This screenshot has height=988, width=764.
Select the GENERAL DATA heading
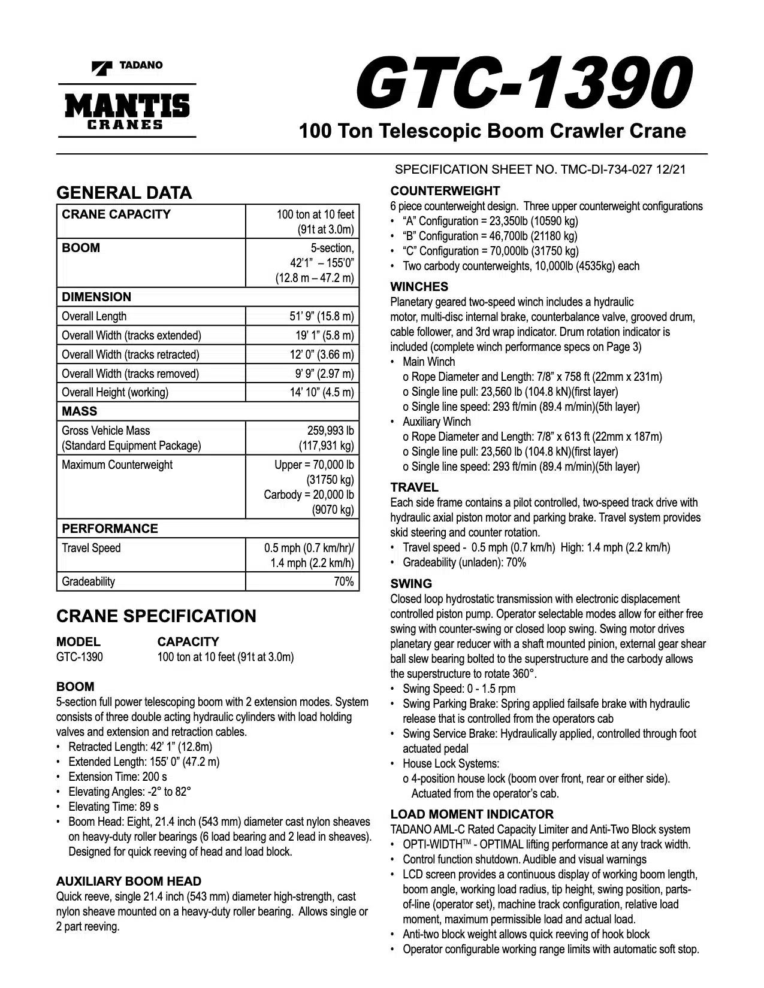tap(124, 193)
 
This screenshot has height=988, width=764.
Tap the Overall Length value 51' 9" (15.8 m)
tap(321, 316)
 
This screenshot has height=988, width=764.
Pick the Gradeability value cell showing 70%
tap(343, 581)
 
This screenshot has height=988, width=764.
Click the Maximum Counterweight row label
tap(117, 465)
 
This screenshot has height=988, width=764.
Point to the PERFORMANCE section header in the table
tap(110, 529)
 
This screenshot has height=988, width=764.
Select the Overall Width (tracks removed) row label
tap(130, 374)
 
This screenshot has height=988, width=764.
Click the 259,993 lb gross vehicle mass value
tap(330, 431)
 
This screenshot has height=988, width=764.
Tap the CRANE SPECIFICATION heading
tap(156, 616)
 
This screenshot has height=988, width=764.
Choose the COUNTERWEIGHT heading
tap(445, 191)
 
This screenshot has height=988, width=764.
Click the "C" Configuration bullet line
tap(490, 251)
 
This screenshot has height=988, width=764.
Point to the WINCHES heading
tap(419, 287)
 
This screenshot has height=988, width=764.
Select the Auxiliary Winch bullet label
tap(437, 422)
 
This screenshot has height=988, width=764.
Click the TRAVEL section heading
tap(414, 487)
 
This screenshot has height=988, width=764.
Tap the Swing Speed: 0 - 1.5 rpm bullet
tap(458, 689)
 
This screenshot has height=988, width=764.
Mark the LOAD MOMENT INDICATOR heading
tap(472, 814)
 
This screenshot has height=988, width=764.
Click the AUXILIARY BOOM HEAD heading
tap(128, 881)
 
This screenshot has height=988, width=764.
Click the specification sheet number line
tap(540, 169)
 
